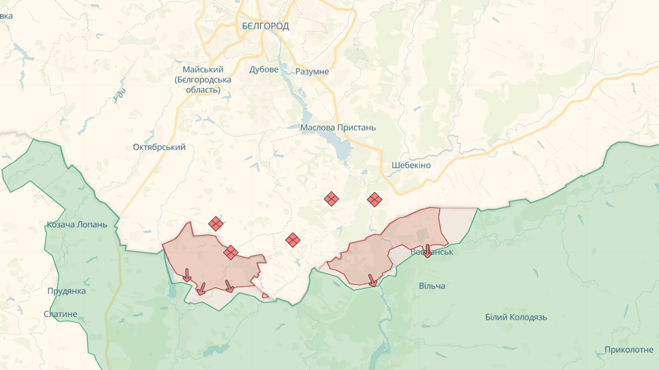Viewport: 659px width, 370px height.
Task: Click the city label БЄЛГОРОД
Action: coord(265,26)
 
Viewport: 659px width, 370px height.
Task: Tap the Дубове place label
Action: coord(264,69)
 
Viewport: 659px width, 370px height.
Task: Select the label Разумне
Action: coord(312,71)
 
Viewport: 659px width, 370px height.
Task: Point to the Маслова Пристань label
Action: coord(337,128)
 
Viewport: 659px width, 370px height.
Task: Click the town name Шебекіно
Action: coord(411,165)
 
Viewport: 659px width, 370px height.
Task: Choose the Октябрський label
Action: coord(159,147)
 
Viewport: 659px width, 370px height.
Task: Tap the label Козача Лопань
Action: coord(77,225)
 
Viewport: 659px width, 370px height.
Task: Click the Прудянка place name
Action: coord(66,291)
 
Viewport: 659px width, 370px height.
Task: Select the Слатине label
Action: coord(61,314)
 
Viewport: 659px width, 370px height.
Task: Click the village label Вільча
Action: coord(432,286)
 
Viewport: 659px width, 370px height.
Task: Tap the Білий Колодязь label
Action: coord(516,317)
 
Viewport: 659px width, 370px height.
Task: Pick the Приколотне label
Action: coord(629,350)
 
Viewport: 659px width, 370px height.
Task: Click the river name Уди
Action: coord(120,93)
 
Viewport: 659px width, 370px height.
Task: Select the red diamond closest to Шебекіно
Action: coord(374,199)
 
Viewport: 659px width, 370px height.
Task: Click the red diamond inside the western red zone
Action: coord(231,252)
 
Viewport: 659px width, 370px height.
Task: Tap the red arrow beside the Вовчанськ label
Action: coord(427,250)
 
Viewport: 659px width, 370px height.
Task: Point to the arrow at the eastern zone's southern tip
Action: coord(372,280)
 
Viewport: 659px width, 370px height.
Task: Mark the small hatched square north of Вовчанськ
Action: coord(422,234)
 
